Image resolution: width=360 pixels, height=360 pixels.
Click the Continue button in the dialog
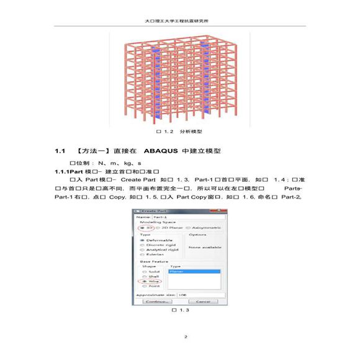(x=156, y=301)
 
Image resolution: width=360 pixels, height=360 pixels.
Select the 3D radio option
(x=144, y=228)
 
